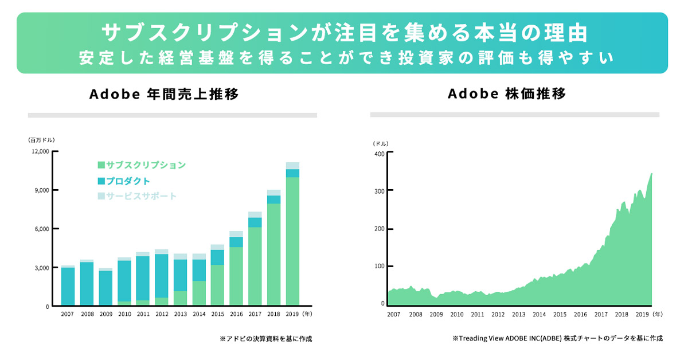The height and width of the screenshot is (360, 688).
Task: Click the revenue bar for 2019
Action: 292,234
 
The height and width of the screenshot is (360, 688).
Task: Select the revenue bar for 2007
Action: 68,285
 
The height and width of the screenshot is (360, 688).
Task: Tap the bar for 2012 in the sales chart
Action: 162,277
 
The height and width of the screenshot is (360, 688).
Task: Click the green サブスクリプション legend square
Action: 101,165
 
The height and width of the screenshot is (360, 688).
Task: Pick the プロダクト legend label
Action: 128,181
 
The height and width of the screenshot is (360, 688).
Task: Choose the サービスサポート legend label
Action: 141,196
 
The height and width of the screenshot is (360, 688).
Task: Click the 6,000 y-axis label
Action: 42,229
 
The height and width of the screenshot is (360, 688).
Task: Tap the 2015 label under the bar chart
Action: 217,314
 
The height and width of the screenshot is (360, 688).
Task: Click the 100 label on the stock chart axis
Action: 380,266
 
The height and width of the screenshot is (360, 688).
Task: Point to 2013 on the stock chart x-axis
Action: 518,314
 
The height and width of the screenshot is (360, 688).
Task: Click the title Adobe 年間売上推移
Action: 164,94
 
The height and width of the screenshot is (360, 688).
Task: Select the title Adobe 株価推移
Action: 507,93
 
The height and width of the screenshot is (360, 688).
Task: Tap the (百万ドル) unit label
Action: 41,140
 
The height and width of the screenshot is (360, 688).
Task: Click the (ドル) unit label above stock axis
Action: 381,143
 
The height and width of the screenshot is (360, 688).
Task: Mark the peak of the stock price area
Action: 651,174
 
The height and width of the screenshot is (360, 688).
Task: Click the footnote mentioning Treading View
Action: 557,338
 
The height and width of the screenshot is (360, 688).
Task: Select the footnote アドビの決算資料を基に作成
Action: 265,338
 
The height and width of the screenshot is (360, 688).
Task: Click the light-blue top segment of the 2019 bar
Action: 292,166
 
